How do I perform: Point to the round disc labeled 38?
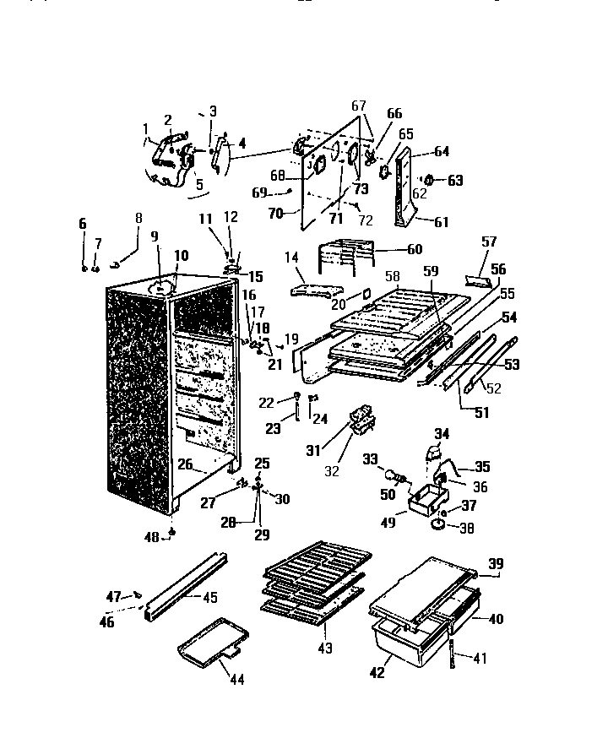coord(439,525)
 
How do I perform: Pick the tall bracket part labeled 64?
coord(404,182)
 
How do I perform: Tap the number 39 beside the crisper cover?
coord(496,564)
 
